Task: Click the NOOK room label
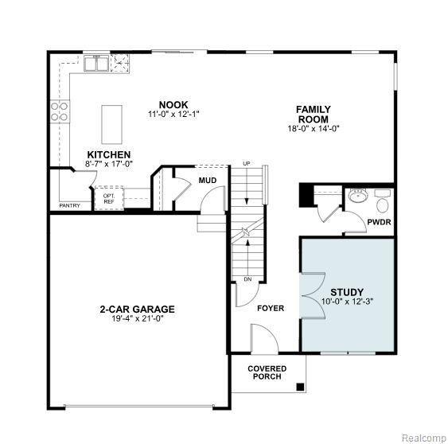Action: click(x=173, y=104)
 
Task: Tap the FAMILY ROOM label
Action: click(x=314, y=115)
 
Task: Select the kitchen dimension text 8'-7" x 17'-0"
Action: click(x=109, y=164)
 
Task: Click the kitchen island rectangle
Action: click(x=112, y=125)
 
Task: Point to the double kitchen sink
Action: click(x=96, y=63)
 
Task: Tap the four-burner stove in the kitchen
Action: click(x=60, y=111)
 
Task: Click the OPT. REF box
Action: click(x=109, y=199)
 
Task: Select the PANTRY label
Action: click(x=70, y=205)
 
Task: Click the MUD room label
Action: click(x=208, y=181)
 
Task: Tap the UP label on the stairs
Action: click(x=247, y=164)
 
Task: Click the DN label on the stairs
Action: click(x=247, y=279)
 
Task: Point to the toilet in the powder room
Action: click(x=382, y=202)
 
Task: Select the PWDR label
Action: click(x=379, y=222)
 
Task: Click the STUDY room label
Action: click(x=347, y=292)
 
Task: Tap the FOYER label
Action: click(x=271, y=308)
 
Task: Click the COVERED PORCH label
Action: click(x=267, y=372)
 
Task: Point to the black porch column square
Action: click(x=300, y=388)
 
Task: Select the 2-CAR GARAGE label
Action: click(x=137, y=310)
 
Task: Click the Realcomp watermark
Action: click(x=424, y=438)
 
